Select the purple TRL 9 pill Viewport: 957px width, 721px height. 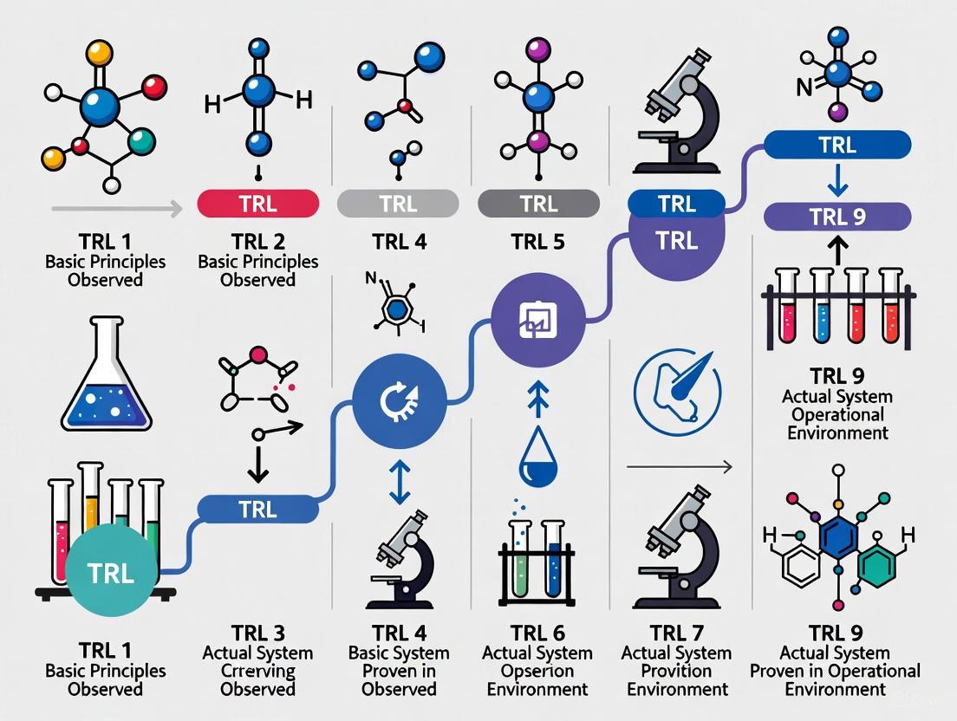(x=838, y=217)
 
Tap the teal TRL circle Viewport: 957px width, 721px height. (x=111, y=575)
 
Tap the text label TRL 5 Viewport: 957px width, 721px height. (x=538, y=242)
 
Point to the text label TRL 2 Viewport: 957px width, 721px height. (x=258, y=242)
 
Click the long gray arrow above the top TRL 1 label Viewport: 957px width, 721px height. (x=116, y=208)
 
